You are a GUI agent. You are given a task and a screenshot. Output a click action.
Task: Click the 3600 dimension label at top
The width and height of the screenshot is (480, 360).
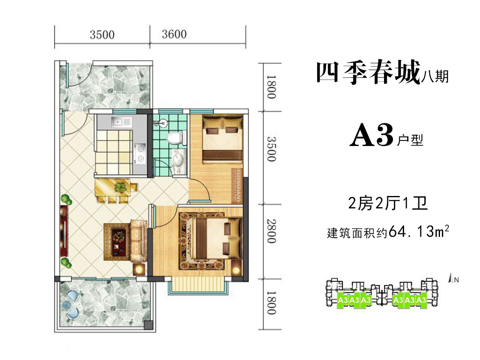coord(174,34)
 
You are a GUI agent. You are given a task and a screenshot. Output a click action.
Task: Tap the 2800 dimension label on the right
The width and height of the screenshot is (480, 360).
coord(271,231)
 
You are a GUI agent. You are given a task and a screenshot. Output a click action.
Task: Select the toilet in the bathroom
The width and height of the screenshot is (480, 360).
coord(175,138)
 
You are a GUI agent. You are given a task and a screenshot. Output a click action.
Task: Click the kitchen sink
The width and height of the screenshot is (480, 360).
coord(122,122)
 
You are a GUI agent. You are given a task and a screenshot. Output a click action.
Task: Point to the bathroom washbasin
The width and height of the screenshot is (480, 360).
coord(179,161)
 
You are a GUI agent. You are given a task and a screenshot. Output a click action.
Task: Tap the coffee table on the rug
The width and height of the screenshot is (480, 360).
coord(119,242)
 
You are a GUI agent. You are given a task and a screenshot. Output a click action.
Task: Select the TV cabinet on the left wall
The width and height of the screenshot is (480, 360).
coord(64,231)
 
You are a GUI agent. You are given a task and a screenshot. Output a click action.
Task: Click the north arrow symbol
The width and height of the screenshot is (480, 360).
coord(450,278)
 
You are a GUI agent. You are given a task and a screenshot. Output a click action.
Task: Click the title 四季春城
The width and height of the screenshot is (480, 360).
coord(368,72)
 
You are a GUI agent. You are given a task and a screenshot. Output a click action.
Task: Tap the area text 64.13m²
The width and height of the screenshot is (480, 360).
coord(418,232)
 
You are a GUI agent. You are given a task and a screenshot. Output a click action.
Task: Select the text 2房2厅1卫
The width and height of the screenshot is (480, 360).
coord(388,203)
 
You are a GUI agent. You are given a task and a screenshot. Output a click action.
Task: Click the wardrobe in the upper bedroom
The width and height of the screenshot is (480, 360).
coord(237,186)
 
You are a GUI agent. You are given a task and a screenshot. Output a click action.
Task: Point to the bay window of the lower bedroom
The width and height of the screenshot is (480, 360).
coord(198,285)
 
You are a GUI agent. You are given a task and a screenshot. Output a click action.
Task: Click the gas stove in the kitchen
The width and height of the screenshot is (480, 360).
coord(140,154)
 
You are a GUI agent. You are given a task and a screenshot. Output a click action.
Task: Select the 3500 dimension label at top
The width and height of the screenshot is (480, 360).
coord(102,35)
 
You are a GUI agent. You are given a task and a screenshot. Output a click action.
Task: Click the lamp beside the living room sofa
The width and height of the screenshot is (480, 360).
coord(139,270)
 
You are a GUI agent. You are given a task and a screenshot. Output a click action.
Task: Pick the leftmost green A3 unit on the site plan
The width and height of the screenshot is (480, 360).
coord(343,300)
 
